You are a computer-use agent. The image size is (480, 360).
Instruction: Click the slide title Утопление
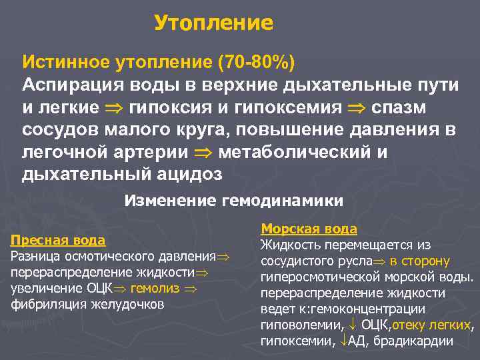coord(213,23)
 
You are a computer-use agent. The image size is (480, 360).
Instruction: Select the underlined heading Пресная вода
coord(58,240)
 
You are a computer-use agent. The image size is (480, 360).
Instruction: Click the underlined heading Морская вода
coord(309,229)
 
